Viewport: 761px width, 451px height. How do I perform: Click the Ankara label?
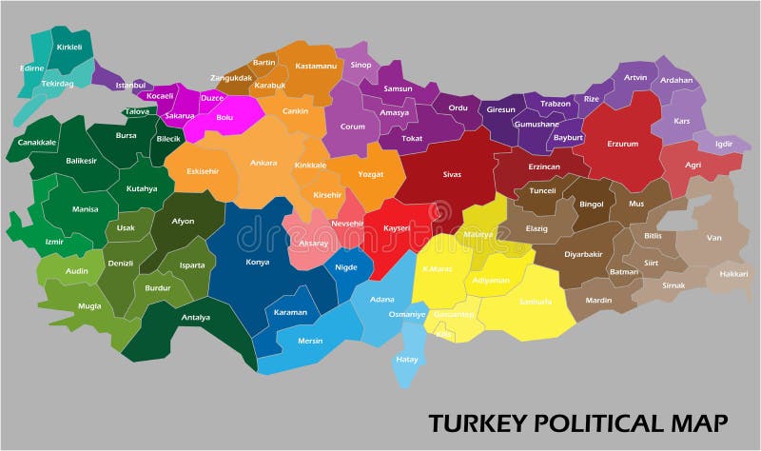point(263,163)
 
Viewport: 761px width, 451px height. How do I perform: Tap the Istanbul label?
point(130,85)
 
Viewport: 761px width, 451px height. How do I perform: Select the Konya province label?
point(257,261)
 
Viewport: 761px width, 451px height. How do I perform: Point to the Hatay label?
point(406,359)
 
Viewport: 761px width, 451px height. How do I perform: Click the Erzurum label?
point(623,144)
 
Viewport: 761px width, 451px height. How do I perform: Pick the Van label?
point(713,237)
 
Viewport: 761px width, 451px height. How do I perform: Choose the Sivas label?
point(452,175)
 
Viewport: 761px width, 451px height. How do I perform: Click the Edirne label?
point(32,69)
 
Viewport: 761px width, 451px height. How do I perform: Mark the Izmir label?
point(54,242)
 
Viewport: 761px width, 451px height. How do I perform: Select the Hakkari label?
point(733,273)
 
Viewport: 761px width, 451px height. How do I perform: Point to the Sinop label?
point(361,66)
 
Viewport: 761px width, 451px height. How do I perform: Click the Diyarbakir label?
point(585,254)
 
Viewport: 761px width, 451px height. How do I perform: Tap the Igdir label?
point(726,145)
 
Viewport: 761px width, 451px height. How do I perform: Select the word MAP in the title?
point(701,422)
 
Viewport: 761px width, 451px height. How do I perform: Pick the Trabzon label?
point(555,104)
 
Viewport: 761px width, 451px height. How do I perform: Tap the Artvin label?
point(634,77)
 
